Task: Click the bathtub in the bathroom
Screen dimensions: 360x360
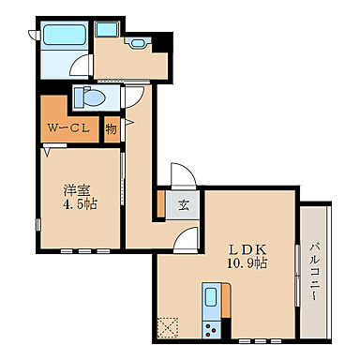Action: (65, 35)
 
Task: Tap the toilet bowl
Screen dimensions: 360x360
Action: (89, 97)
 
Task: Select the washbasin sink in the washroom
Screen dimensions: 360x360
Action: (136, 42)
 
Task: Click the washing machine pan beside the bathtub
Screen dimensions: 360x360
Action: (106, 29)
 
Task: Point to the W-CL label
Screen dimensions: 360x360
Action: (68, 127)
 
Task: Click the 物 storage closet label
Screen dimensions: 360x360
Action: (111, 128)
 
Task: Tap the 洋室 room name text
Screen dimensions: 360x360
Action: (77, 190)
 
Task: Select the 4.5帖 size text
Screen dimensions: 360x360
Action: (81, 204)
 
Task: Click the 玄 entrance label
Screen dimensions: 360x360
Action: (184, 205)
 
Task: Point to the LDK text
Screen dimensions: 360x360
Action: (247, 249)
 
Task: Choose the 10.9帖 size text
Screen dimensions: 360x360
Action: (247, 263)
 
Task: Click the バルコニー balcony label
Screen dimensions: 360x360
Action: (314, 272)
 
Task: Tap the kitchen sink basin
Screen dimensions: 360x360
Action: (211, 298)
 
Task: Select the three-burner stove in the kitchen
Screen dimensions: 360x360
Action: (211, 330)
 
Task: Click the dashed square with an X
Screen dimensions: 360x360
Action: (168, 327)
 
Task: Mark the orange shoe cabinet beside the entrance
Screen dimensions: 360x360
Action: (161, 203)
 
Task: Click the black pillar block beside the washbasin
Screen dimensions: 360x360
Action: (161, 43)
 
